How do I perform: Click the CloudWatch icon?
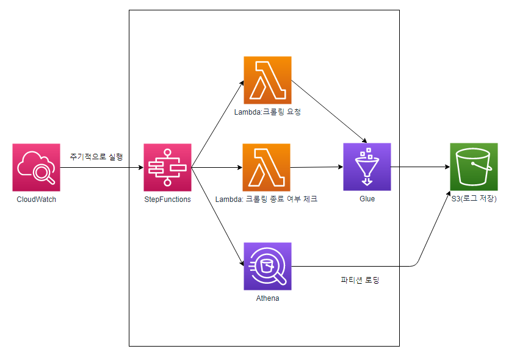36,167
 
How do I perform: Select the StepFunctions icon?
167,167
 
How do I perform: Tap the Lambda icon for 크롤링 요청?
267,80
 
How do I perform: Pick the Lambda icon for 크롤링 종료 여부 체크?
267,167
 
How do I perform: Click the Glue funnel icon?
367,167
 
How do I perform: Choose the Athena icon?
267,266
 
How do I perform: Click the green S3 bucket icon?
474,167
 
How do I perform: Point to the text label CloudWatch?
36,199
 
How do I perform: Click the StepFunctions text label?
167,199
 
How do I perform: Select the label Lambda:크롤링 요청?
267,112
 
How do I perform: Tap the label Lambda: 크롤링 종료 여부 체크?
266,199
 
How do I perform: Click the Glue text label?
367,199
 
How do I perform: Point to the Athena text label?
267,298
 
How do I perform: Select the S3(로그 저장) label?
474,199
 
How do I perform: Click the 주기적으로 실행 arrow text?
96,157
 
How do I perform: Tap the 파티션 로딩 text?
360,281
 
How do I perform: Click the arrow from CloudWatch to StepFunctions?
101,167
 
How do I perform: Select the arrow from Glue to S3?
420,167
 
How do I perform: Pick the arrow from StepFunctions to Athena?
217,217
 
